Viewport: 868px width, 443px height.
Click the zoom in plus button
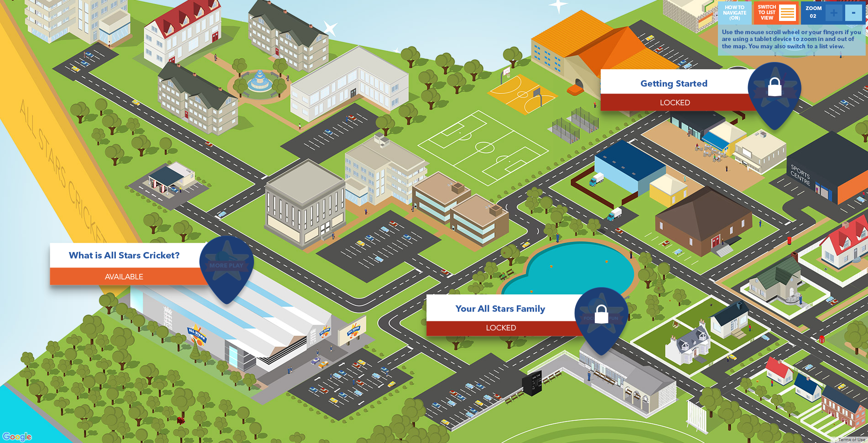pos(833,13)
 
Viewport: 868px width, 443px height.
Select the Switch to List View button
pos(775,13)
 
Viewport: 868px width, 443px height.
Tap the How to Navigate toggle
pos(734,13)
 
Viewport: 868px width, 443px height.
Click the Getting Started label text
pos(674,83)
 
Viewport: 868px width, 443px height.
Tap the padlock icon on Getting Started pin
pos(774,87)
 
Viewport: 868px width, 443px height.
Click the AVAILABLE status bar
pos(124,277)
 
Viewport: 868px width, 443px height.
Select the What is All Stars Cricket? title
pos(124,255)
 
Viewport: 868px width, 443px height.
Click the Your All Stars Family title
pos(500,309)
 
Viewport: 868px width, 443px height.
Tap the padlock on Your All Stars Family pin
pos(601,314)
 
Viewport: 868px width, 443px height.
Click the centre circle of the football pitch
pos(484,147)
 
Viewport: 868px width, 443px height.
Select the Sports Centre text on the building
pos(800,175)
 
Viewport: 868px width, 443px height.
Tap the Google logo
pos(17,437)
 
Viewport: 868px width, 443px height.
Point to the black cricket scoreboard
pos(532,383)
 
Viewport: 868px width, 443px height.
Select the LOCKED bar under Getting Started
pos(675,103)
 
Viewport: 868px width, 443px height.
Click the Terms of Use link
pos(851,439)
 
